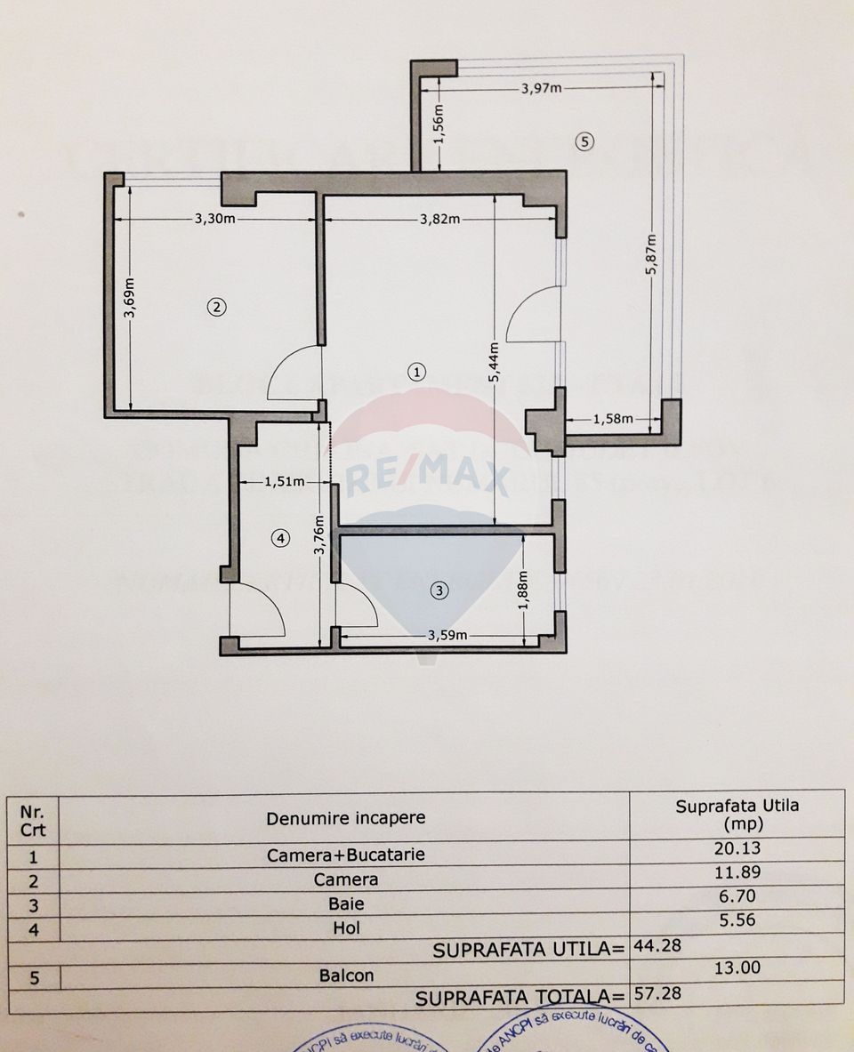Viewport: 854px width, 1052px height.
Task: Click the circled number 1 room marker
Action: coord(416,372)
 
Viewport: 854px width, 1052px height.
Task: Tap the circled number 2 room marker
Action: coord(216,307)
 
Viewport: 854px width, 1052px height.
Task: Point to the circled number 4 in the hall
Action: coord(280,537)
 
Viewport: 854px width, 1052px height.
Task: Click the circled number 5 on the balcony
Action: coord(584,141)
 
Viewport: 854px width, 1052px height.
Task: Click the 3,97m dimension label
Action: coord(541,87)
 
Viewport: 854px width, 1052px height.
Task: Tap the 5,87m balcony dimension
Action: coord(652,255)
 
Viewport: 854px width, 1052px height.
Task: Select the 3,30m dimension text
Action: coord(215,220)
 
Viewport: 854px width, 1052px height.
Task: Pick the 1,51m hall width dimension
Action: coord(285,482)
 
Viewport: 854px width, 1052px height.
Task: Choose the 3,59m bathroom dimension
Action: coord(448,635)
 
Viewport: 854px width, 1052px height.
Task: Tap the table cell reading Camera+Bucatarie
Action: coord(345,855)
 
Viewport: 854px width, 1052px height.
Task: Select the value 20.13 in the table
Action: coord(737,848)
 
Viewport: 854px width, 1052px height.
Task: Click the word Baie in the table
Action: coord(345,903)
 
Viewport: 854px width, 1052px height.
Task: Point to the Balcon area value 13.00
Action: coord(737,968)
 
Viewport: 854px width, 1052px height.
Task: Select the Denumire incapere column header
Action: coord(345,817)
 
